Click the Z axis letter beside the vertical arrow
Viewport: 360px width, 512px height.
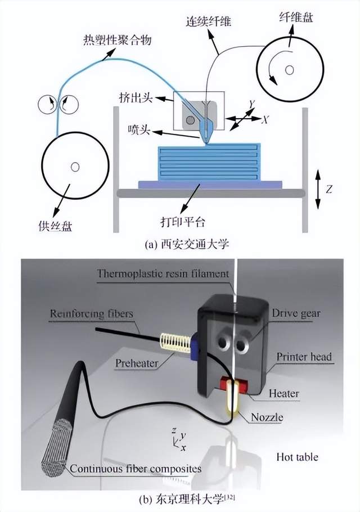pyautogui.click(x=329, y=189)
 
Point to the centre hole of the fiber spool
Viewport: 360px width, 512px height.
pyautogui.click(x=289, y=70)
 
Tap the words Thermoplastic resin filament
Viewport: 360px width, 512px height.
pyautogui.click(x=163, y=275)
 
